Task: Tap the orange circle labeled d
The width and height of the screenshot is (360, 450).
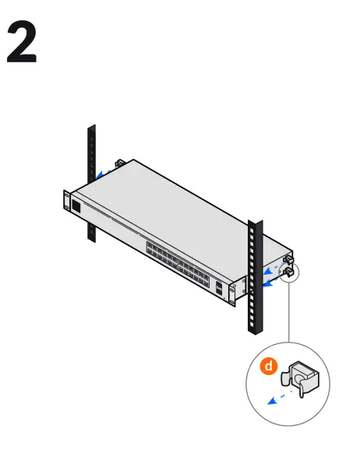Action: [266, 365]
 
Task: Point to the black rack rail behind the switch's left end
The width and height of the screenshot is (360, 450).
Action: [91, 156]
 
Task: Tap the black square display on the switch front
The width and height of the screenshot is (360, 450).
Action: [76, 206]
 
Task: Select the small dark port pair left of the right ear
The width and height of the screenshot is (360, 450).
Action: [223, 289]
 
